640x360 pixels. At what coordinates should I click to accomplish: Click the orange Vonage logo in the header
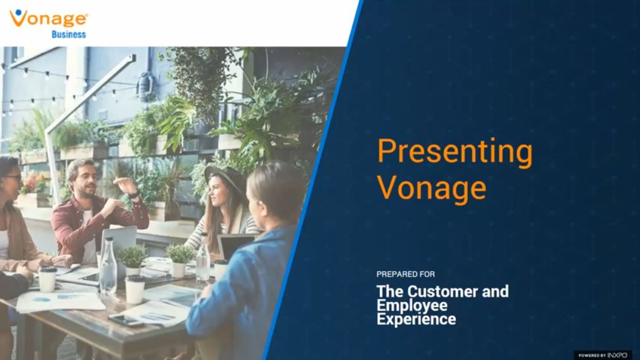(48, 18)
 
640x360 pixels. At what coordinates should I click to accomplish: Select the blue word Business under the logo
(68, 35)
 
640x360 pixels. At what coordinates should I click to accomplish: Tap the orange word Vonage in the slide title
(432, 188)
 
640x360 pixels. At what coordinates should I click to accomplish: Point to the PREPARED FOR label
(405, 275)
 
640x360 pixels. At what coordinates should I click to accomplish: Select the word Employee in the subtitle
(412, 305)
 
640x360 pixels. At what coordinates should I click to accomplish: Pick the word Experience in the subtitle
(416, 319)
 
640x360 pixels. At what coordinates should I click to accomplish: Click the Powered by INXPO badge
(602, 355)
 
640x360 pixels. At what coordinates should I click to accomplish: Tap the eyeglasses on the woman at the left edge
(13, 178)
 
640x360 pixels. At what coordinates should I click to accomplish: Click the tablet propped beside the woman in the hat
(235, 246)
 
